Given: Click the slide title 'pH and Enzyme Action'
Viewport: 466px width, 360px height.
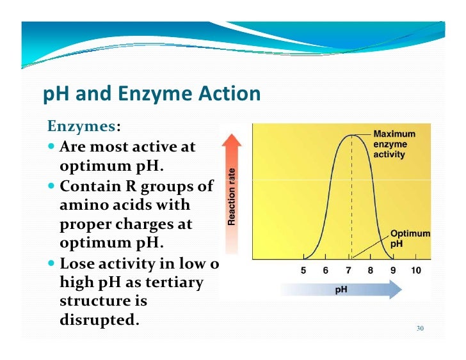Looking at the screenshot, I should [x=152, y=95].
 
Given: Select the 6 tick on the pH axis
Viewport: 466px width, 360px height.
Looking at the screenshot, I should [x=325, y=270].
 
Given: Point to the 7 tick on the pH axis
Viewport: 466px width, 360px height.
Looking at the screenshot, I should [x=348, y=270].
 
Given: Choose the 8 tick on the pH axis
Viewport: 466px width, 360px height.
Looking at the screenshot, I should [x=370, y=270].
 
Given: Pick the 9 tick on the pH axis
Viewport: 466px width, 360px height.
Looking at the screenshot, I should [x=392, y=270].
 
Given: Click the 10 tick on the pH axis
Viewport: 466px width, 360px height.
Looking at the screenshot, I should [x=415, y=270].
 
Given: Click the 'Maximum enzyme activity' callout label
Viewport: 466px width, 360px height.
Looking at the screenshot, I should [x=394, y=145].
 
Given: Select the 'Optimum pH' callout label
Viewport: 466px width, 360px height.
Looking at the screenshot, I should [x=410, y=239].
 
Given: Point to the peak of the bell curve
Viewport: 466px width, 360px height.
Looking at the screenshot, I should [x=351, y=135].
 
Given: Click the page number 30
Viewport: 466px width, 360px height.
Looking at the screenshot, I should [x=420, y=329].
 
